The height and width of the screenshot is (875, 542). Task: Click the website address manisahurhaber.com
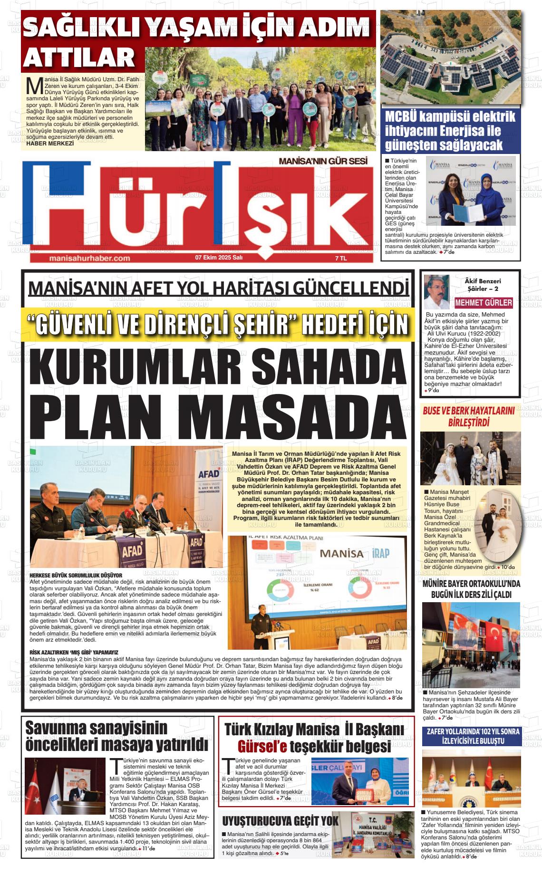click(89, 258)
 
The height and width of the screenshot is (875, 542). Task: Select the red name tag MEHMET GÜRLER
click(484, 303)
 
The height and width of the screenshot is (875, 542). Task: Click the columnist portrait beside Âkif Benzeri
click(436, 291)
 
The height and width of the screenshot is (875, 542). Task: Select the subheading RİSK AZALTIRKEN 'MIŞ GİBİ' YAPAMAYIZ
click(74, 653)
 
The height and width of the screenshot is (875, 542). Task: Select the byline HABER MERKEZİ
click(51, 143)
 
